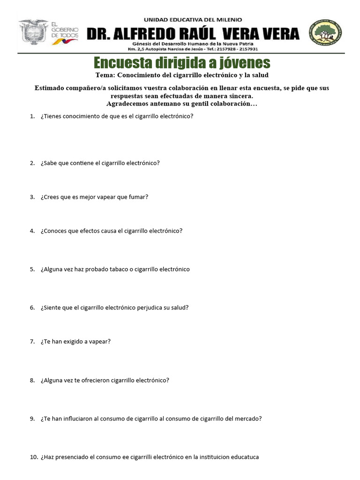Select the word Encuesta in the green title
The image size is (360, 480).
[123, 63]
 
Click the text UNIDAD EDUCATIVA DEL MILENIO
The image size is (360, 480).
[193, 20]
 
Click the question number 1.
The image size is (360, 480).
[32, 116]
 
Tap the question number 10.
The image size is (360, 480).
[33, 457]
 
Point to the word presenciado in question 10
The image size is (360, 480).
[74, 457]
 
